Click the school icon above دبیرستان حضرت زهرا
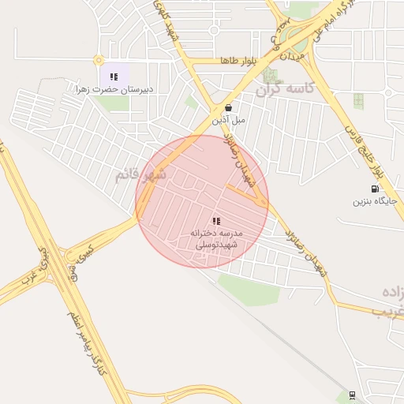pyautogui.click(x=114, y=77)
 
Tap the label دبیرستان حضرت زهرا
pyautogui.click(x=113, y=90)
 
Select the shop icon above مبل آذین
pyautogui.click(x=228, y=107)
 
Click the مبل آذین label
pyautogui.click(x=229, y=121)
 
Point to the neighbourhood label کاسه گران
pyautogui.click(x=285, y=90)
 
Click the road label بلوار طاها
pyautogui.click(x=218, y=61)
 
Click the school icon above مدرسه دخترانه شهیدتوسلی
pyautogui.click(x=216, y=221)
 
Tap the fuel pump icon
pyautogui.click(x=374, y=189)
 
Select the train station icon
pyautogui.click(x=352, y=395)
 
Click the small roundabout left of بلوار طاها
pyautogui.click(x=98, y=60)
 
